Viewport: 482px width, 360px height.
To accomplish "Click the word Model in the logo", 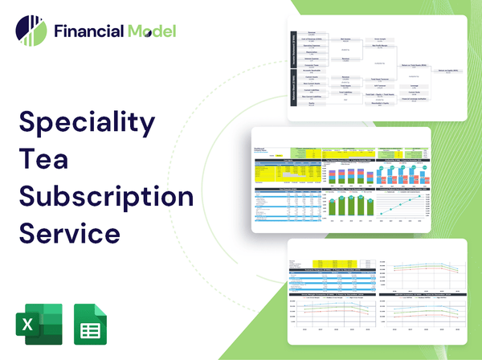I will click(149, 31).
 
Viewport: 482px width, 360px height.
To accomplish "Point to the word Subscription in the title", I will click(105, 197).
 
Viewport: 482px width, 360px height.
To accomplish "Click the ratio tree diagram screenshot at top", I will click(378, 68).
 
